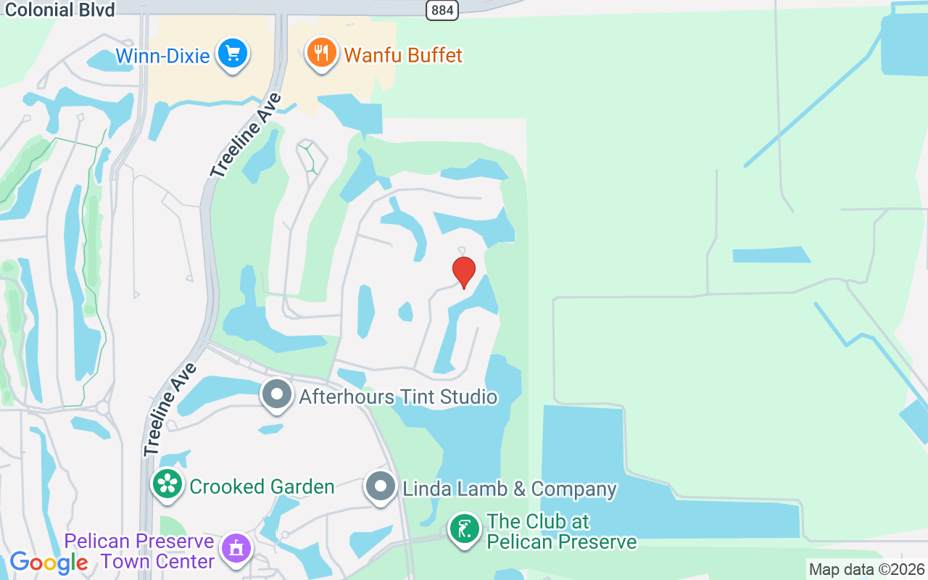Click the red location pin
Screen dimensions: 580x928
point(464,272)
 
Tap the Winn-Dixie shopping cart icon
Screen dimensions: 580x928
point(233,54)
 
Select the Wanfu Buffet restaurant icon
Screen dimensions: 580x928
point(322,53)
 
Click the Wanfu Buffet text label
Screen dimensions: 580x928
point(403,55)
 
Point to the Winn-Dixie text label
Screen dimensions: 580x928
point(163,56)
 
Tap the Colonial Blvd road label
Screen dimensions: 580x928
point(57,9)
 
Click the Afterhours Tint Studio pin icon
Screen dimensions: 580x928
point(276,395)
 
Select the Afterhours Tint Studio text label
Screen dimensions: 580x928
point(398,397)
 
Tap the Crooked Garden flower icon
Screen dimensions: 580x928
point(167,484)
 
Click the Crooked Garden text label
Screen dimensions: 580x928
point(262,486)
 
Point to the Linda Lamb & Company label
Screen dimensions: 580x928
point(510,489)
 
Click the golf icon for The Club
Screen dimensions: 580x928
point(464,529)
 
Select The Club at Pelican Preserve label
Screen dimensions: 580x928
point(561,531)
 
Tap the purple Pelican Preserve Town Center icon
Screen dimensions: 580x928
point(236,549)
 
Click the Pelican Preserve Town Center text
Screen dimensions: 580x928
point(139,552)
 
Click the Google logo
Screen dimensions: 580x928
point(49,563)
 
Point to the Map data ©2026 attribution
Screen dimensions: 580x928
point(867,570)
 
